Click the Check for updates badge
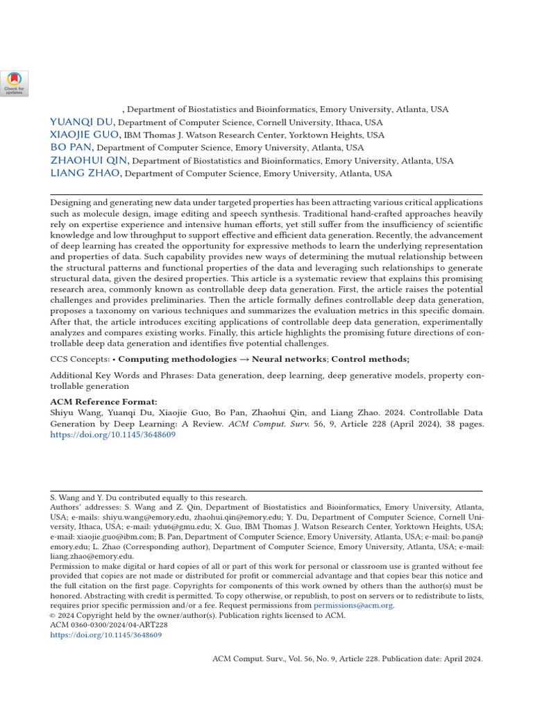point(15,83)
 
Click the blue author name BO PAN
point(71,148)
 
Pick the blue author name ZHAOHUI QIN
point(88,160)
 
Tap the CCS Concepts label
point(79,359)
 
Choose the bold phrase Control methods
point(370,359)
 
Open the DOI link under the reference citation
point(112,435)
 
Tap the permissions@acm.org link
point(353,605)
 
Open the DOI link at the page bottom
point(105,635)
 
